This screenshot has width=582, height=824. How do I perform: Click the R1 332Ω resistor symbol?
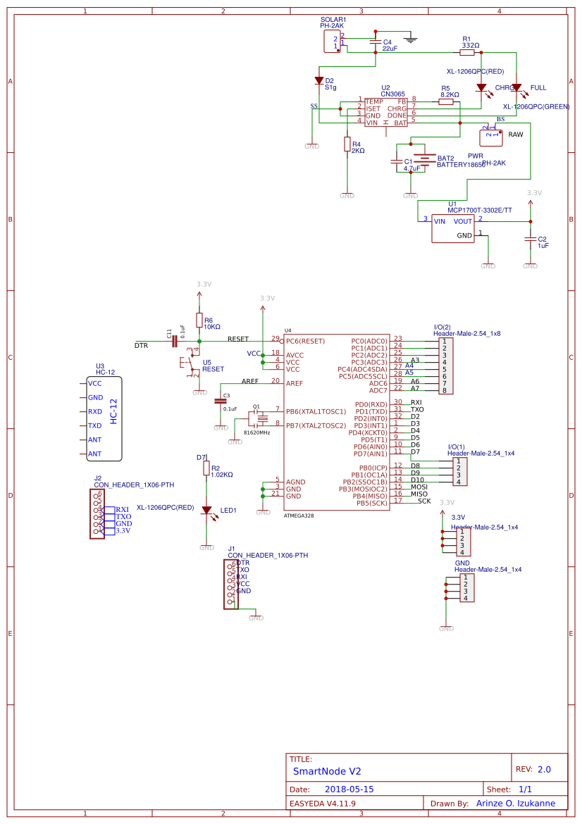(x=467, y=52)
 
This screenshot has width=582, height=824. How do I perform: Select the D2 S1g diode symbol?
(x=319, y=81)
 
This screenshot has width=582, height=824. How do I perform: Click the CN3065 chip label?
(x=392, y=94)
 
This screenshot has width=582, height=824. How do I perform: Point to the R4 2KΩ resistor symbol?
(x=347, y=144)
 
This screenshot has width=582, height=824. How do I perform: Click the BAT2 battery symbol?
(x=423, y=161)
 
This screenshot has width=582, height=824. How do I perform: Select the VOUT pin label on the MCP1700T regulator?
(x=463, y=221)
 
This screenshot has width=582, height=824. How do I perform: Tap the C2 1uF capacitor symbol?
(x=530, y=239)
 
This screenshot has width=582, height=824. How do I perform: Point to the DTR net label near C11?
(x=141, y=346)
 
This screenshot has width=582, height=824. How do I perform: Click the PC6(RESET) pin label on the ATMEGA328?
(x=306, y=341)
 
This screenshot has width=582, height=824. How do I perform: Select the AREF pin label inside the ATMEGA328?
(x=295, y=383)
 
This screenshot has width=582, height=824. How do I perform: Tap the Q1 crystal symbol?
(x=262, y=418)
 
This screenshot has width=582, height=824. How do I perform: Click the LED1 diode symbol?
(x=206, y=510)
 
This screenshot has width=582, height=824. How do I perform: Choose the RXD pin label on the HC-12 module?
(x=95, y=411)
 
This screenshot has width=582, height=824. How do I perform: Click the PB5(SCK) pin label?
(x=371, y=503)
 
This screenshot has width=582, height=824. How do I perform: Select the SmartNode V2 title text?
(x=327, y=771)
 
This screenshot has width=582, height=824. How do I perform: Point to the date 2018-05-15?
(x=349, y=789)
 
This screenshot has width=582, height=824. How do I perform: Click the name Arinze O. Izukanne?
(x=516, y=803)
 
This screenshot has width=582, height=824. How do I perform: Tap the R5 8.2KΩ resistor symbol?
(x=445, y=101)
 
